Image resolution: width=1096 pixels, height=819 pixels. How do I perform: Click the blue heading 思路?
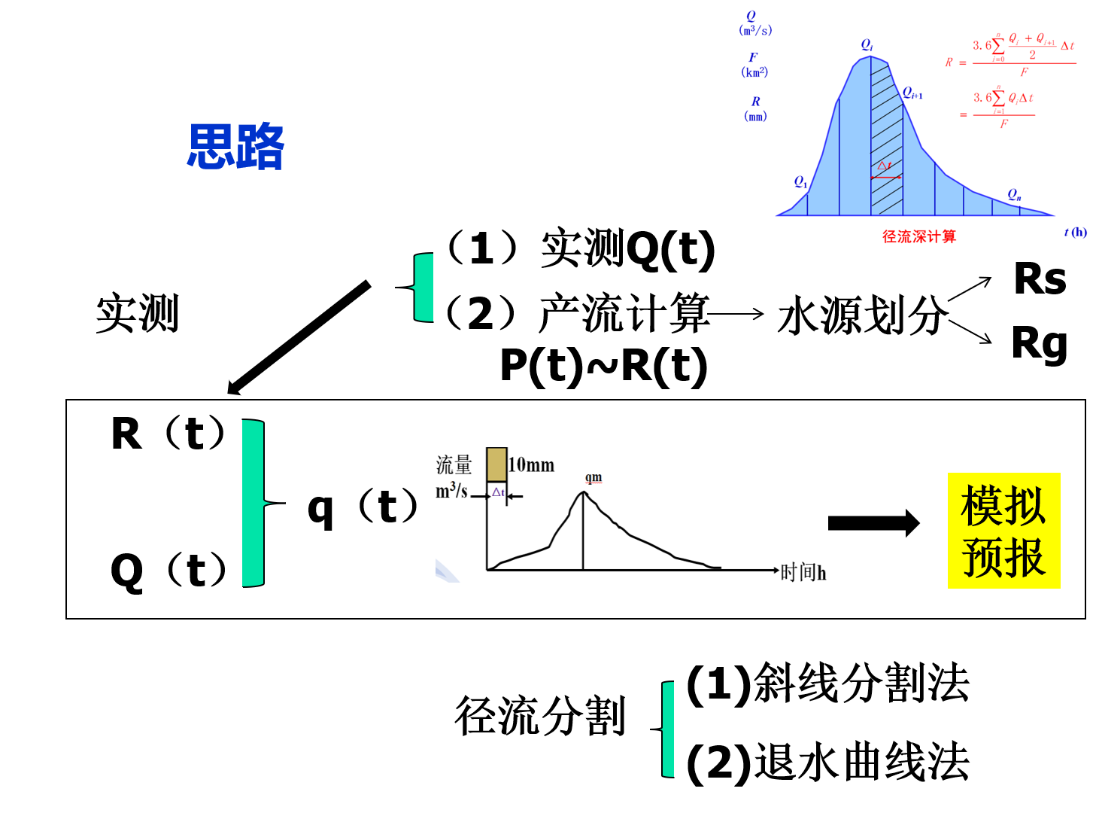click(x=235, y=146)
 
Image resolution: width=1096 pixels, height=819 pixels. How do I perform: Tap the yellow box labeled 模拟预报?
click(x=1003, y=531)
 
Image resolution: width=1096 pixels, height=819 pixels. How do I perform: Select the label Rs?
click(x=1040, y=279)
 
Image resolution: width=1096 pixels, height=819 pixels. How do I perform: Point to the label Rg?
click(x=1039, y=344)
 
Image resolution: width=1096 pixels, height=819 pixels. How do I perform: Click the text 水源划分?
click(x=862, y=315)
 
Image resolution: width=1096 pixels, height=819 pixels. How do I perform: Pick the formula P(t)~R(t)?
click(x=604, y=366)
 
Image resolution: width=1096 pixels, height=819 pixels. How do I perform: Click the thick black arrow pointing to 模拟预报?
click(x=873, y=523)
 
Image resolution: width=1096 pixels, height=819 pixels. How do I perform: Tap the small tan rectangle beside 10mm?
click(x=496, y=464)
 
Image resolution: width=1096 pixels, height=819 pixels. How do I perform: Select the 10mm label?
click(x=531, y=465)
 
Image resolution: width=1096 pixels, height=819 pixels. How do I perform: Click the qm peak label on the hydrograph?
click(x=594, y=478)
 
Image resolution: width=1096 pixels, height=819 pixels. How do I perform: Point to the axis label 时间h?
click(x=803, y=573)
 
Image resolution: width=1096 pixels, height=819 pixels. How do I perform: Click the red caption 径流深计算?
click(x=918, y=236)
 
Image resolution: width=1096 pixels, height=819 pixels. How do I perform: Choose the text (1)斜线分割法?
click(x=827, y=684)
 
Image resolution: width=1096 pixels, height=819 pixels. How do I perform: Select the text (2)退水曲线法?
click(x=827, y=762)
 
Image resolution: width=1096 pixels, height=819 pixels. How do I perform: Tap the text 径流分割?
click(x=540, y=716)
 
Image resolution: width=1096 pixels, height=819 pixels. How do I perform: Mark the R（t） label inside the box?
click(x=168, y=434)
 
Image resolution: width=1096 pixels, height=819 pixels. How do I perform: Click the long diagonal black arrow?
click(x=299, y=337)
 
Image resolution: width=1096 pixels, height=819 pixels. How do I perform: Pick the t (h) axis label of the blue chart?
click(x=1075, y=232)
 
